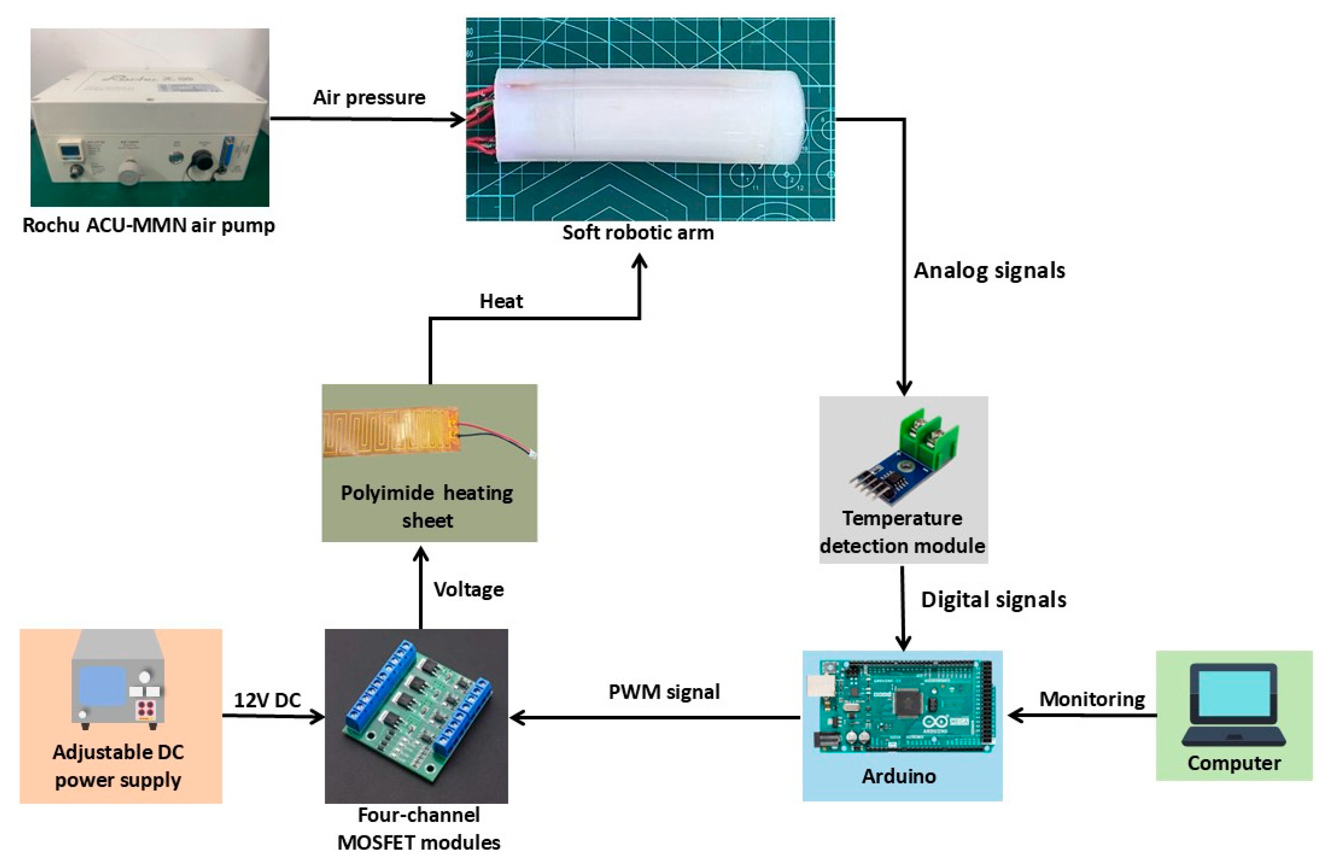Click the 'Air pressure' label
[369, 98]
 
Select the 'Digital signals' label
[993, 600]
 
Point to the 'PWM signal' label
[664, 692]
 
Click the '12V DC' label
[267, 700]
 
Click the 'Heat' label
[501, 301]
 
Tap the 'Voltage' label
[468, 589]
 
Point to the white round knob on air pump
[130, 171]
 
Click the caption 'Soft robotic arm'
[638, 233]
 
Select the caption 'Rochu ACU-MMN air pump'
[148, 225]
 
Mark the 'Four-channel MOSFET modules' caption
[419, 829]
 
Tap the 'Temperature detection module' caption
[902, 532]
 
